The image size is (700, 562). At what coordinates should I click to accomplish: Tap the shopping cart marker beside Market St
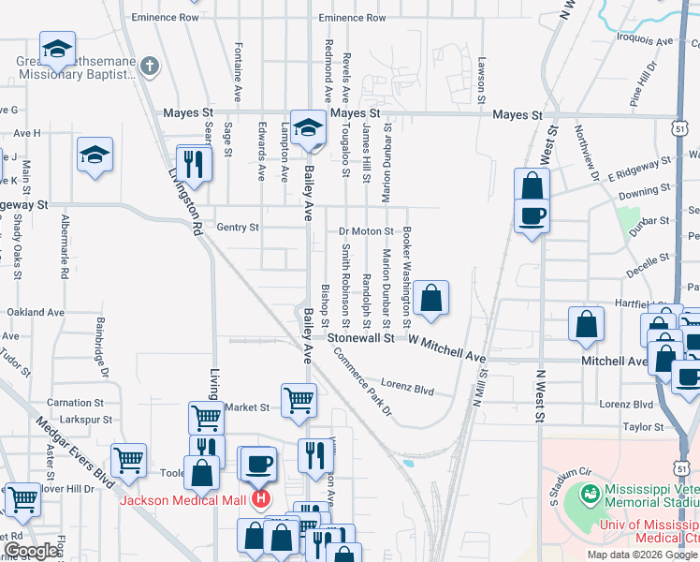click(x=299, y=399)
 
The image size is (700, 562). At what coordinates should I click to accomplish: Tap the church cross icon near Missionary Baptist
click(x=153, y=66)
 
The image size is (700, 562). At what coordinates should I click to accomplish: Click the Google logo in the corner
click(x=31, y=551)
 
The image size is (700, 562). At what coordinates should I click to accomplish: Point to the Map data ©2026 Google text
click(x=643, y=555)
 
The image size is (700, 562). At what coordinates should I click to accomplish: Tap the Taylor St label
click(x=643, y=426)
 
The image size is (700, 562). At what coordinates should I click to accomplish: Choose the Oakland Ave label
click(x=36, y=312)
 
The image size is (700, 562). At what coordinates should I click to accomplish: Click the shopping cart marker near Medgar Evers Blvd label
click(x=128, y=459)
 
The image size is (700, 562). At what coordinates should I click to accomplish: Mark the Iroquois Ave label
click(x=646, y=42)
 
